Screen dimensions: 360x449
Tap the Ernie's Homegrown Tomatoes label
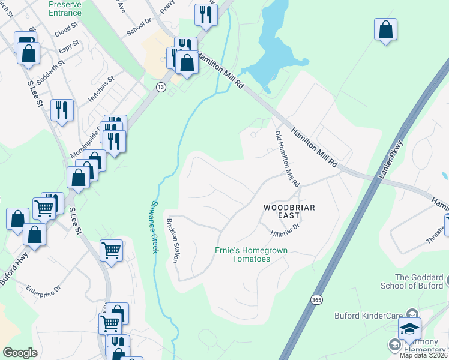(x=252, y=254)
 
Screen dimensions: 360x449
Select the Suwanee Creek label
(x=154, y=226)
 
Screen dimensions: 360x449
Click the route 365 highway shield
(x=316, y=299)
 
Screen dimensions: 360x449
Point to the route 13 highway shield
(x=161, y=87)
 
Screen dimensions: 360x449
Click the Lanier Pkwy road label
(x=397, y=159)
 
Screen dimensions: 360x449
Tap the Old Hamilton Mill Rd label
(x=286, y=158)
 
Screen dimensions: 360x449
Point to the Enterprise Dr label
(x=44, y=289)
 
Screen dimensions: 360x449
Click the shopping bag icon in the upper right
(x=385, y=30)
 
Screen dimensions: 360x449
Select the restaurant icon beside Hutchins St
(x=62, y=110)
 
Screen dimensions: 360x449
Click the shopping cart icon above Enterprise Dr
(x=112, y=250)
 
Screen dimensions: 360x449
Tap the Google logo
(x=20, y=353)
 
